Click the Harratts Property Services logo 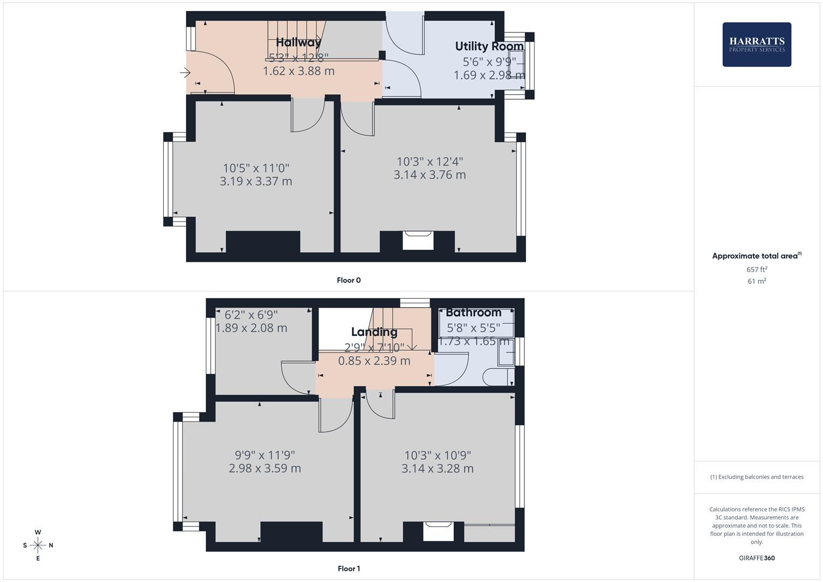(x=756, y=44)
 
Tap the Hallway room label (x=298, y=42)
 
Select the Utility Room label (x=489, y=46)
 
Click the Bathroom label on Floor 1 (x=473, y=313)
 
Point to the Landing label (x=374, y=332)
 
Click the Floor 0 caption (x=349, y=280)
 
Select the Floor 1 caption (x=349, y=569)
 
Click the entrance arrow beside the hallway (x=185, y=72)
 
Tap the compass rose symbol (x=38, y=545)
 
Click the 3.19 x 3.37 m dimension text (x=256, y=182)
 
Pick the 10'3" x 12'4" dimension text (x=430, y=161)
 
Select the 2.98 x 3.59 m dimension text (x=265, y=468)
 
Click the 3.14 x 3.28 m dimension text (x=437, y=469)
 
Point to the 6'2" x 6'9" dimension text (x=251, y=314)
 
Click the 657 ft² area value (x=756, y=269)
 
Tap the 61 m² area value (x=756, y=281)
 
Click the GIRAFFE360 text (x=756, y=558)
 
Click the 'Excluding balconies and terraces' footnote (x=756, y=477)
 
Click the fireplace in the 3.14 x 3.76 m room (x=418, y=240)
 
